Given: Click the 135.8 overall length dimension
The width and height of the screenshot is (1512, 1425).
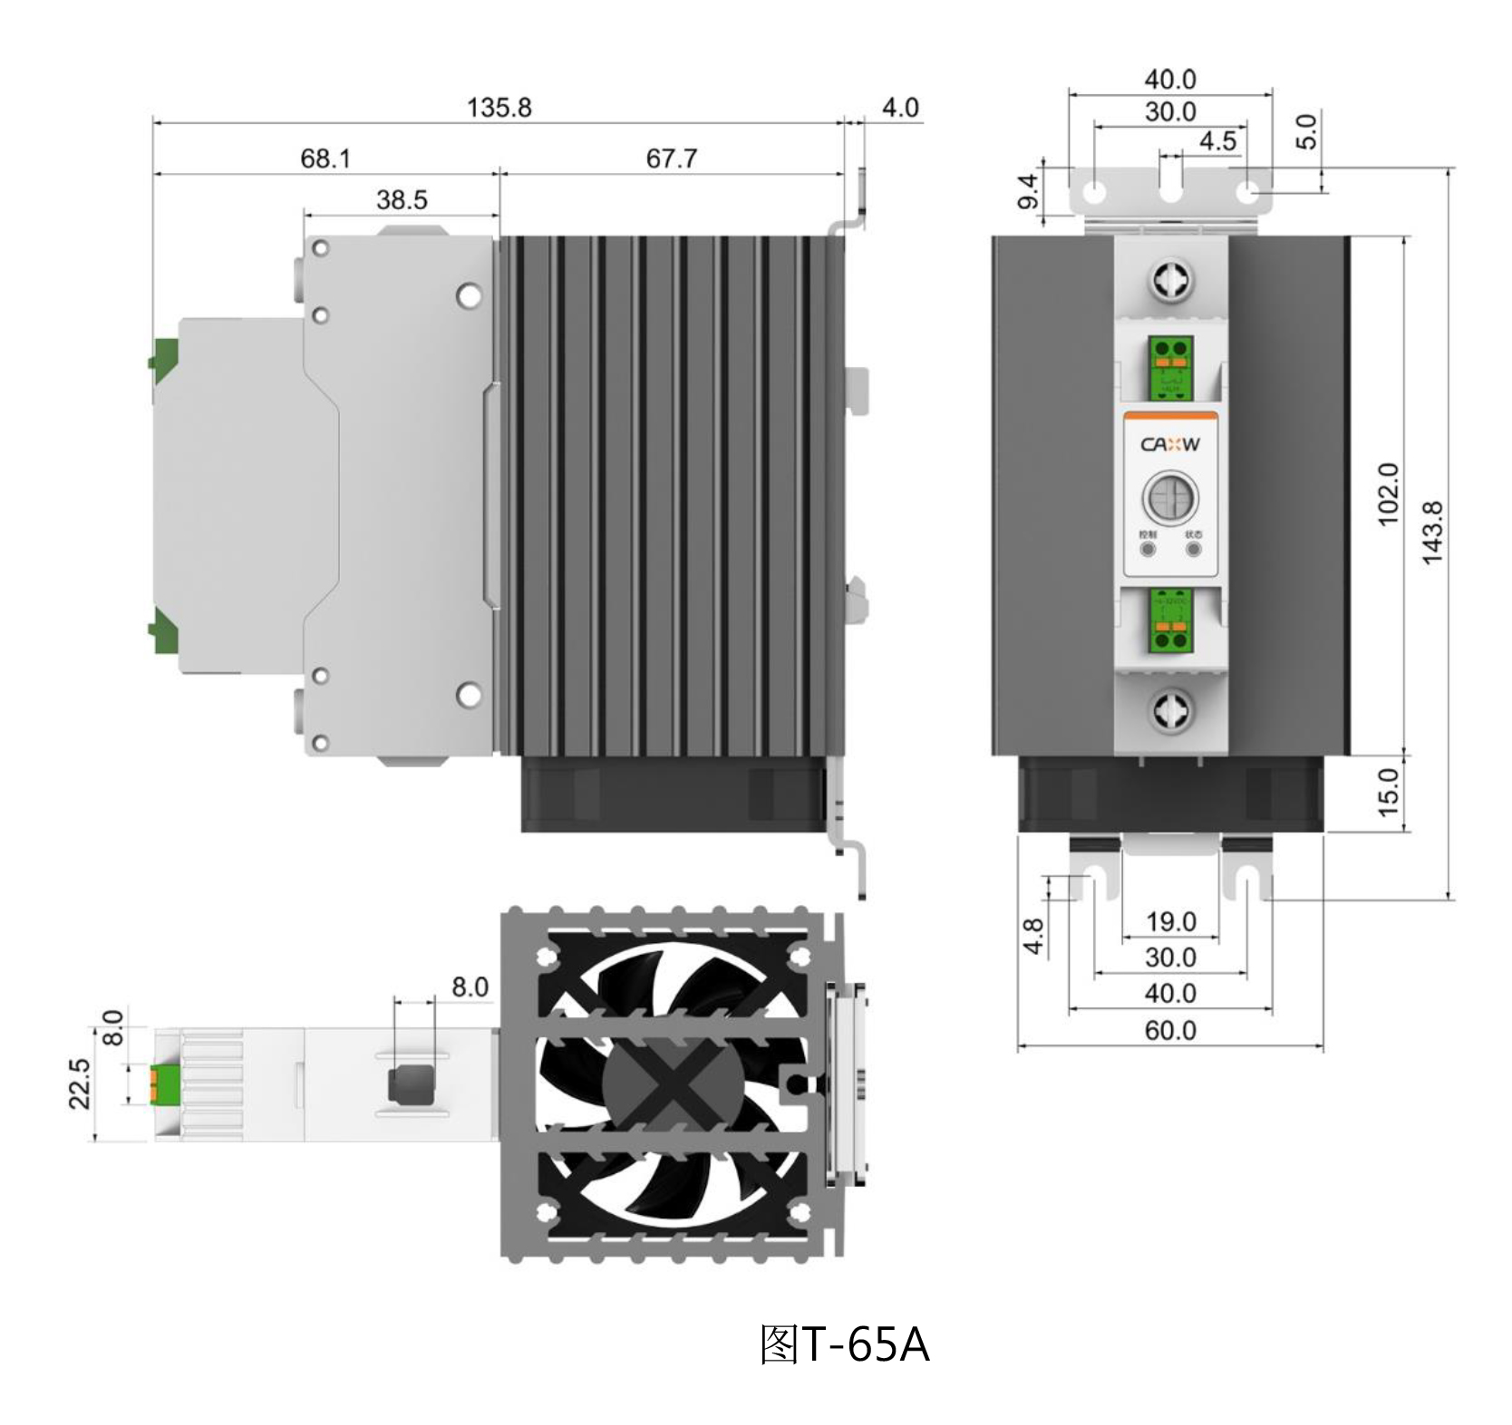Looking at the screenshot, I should (x=499, y=108).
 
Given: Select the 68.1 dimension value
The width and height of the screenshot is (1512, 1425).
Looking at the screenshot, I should (x=325, y=159).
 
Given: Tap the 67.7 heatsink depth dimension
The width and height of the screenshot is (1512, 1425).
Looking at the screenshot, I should (x=672, y=159).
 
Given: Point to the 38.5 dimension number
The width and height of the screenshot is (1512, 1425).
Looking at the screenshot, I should (x=402, y=199).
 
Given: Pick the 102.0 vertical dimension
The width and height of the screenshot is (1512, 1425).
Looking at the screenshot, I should (x=1388, y=494).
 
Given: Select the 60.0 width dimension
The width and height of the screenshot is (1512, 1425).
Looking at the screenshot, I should (x=1170, y=1030).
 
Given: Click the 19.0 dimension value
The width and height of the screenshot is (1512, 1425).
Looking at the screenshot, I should (x=1170, y=921).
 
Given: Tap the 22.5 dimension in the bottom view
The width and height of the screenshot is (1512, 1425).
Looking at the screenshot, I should (x=80, y=1083).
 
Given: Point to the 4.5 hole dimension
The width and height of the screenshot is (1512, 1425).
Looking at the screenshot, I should (x=1217, y=141).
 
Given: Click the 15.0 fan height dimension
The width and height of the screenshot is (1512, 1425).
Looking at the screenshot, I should (x=1388, y=792).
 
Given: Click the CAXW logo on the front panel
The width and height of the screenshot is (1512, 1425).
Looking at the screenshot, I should (x=1169, y=444).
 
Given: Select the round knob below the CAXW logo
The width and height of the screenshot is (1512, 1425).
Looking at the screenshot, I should (x=1169, y=496).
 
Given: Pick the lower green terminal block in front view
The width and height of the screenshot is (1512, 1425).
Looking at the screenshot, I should (x=1170, y=621).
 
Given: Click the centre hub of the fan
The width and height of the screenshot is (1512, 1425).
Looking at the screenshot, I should (x=673, y=1083).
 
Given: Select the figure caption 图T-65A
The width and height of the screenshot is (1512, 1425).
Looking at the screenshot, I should (x=844, y=1345).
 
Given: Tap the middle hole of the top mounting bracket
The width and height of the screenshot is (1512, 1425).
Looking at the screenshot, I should (x=1171, y=193).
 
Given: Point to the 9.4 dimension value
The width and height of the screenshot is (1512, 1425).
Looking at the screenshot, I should (x=1028, y=192).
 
